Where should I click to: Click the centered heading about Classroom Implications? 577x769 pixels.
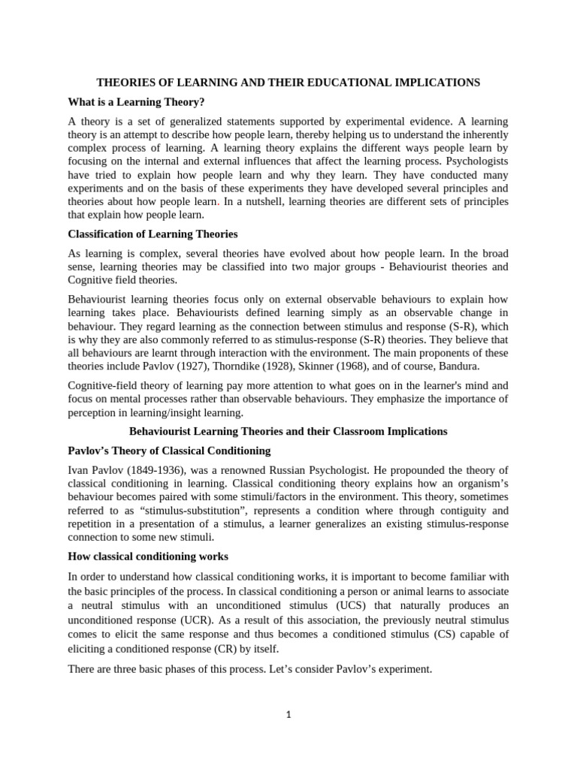pyautogui.click(x=288, y=432)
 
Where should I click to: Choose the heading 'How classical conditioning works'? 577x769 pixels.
pyautogui.click(x=148, y=556)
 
